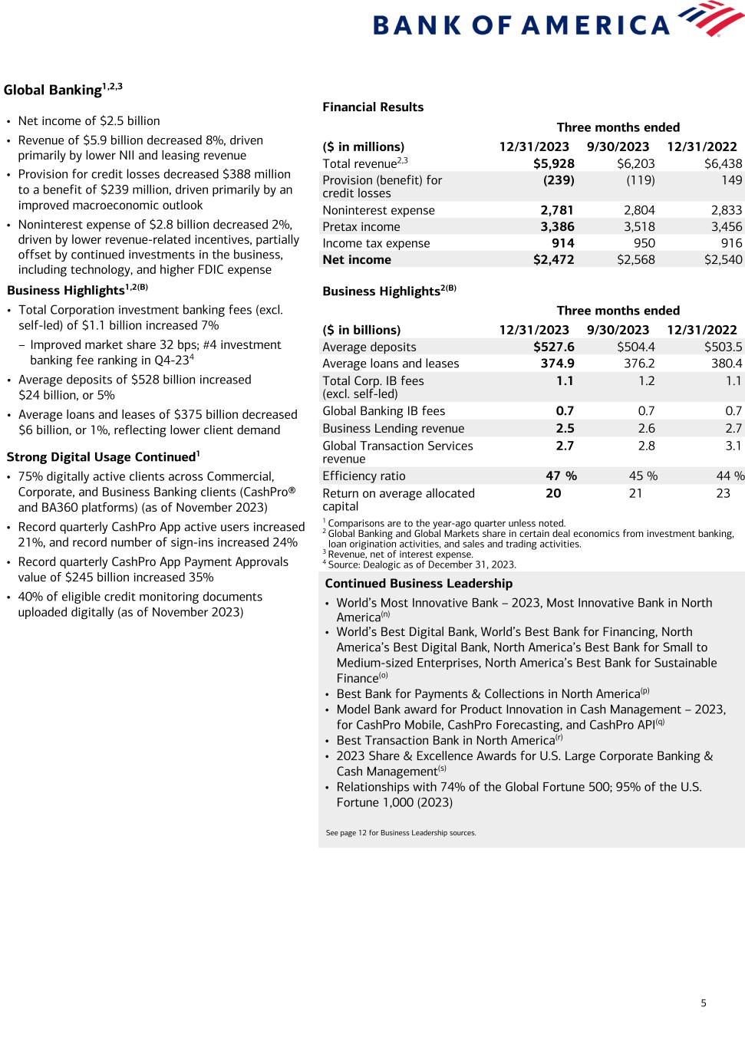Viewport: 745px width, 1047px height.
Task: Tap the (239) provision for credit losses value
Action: [559, 180]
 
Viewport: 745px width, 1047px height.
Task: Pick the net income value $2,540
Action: [723, 260]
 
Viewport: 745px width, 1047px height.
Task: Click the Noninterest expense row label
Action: [378, 211]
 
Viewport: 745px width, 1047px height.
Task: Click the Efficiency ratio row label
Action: [364, 476]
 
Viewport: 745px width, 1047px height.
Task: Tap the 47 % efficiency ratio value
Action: [561, 476]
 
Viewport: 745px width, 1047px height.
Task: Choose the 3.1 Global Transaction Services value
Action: [733, 446]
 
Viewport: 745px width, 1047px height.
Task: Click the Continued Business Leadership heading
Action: [418, 584]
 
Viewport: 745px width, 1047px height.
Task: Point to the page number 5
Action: [704, 1003]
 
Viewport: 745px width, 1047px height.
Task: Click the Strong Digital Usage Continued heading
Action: [103, 457]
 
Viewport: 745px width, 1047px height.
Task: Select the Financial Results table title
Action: [373, 107]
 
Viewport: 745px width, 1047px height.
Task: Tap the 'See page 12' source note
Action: [401, 832]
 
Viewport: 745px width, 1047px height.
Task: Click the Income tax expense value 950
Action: [641, 244]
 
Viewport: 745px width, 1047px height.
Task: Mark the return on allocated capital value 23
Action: [723, 494]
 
